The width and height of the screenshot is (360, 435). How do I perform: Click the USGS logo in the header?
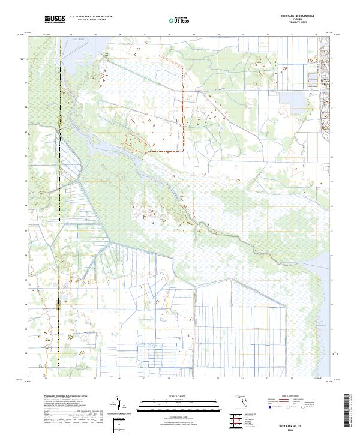click(x=55, y=20)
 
